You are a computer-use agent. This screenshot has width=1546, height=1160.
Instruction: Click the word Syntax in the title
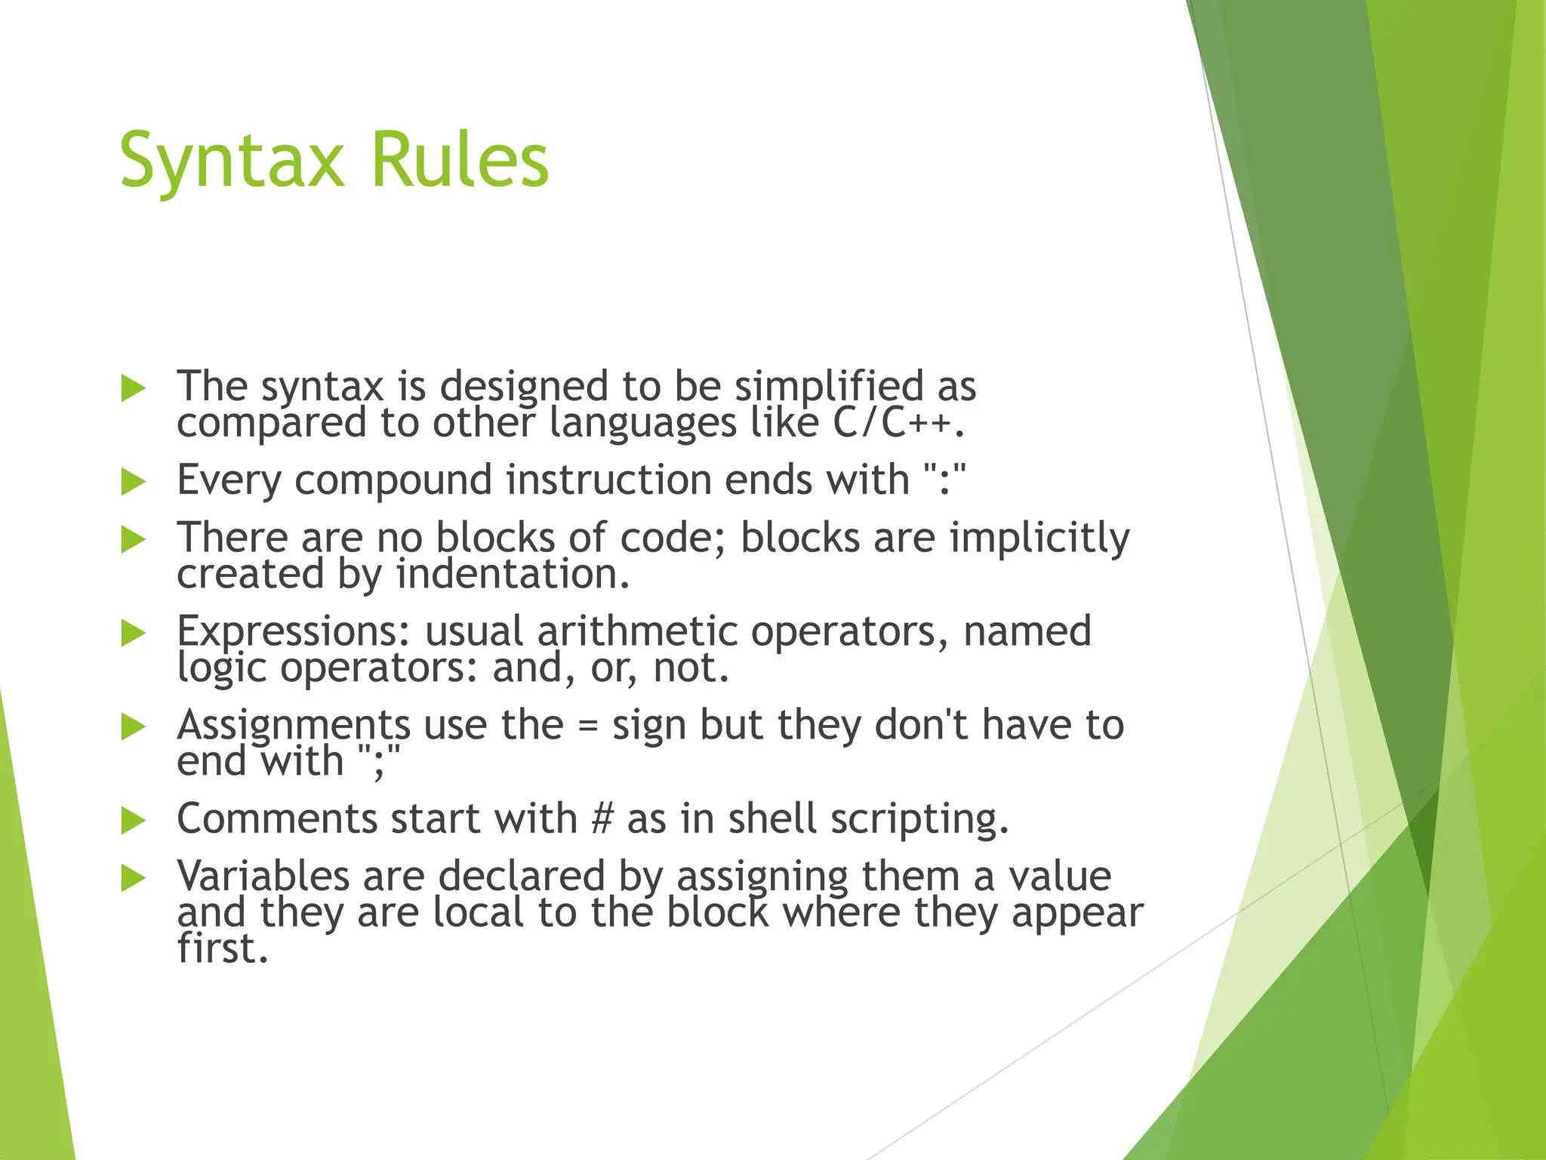pos(231,160)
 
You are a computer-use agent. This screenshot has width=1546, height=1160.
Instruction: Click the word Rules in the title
pos(460,160)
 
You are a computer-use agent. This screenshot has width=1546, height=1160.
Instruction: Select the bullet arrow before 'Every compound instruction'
pos(133,482)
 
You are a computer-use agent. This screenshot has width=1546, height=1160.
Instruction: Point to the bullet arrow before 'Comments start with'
pos(133,820)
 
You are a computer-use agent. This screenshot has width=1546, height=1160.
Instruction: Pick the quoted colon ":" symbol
pos(944,480)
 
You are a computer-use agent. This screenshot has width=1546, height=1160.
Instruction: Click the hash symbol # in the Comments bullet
pos(602,819)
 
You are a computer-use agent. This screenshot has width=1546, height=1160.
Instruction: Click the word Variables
pos(263,876)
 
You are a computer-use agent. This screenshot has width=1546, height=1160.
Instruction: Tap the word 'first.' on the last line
pos(223,949)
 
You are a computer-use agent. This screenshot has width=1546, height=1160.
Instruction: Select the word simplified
pos(828,387)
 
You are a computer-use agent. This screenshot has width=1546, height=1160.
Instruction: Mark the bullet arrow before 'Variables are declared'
pos(133,878)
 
